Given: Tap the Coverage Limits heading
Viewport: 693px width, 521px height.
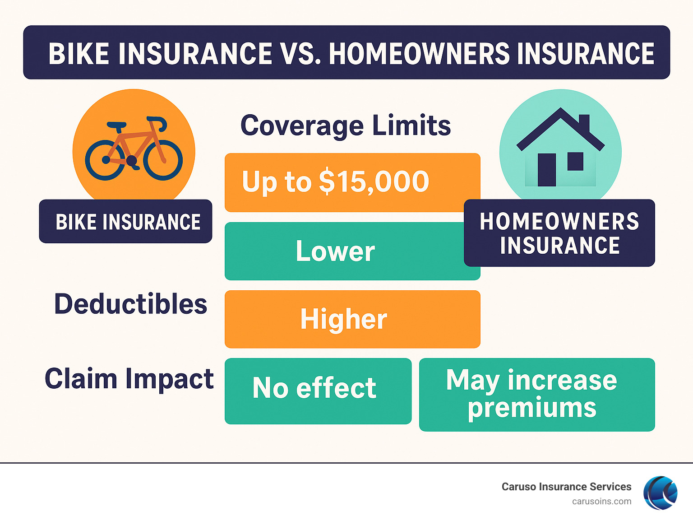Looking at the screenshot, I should [346, 126].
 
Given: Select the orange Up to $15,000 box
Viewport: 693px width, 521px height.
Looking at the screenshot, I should [352, 182].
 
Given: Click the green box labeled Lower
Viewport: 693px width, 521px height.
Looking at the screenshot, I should [335, 251].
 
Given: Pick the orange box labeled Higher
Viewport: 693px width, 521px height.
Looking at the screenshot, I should [352, 319].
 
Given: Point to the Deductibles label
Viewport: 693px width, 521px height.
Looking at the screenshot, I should [130, 304].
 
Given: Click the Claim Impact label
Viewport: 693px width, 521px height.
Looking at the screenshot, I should [129, 378].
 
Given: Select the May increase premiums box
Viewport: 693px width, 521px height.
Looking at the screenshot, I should [536, 395].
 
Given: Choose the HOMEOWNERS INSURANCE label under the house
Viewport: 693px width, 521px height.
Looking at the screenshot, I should [559, 233].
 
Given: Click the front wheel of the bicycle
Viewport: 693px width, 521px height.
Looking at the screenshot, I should [163, 160].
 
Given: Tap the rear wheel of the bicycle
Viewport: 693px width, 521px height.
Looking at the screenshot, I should [105, 160].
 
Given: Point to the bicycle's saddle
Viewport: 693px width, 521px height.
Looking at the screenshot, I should [116, 125].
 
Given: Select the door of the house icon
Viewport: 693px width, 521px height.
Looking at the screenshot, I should [547, 170].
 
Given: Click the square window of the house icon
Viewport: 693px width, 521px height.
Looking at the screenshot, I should [575, 161].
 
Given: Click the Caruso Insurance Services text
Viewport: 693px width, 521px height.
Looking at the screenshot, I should [566, 487].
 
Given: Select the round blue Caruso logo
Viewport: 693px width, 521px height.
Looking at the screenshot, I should [660, 493].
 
